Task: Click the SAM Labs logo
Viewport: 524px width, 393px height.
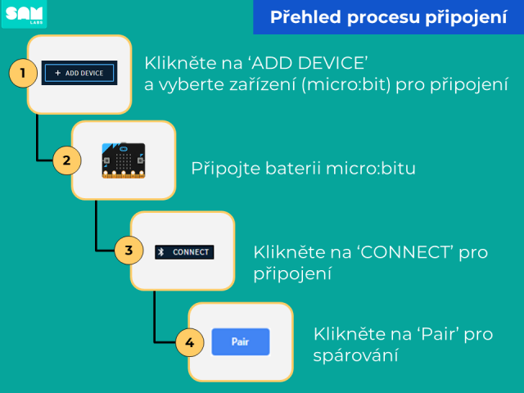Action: pos(24,14)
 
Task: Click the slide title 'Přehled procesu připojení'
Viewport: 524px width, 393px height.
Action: pos(389,17)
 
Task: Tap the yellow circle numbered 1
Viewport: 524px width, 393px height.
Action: pos(23,73)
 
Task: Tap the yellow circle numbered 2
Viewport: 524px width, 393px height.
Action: pos(67,160)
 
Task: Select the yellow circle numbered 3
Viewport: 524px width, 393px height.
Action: pos(129,251)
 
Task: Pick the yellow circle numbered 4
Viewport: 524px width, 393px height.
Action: pos(189,342)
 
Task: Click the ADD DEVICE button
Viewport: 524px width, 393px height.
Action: pos(79,73)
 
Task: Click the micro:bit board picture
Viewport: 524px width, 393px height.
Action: pos(124,160)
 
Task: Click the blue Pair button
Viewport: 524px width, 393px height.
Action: pos(241,341)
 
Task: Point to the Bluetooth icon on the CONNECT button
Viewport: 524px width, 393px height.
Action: pos(161,252)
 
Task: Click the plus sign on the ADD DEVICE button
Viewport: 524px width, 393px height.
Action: pos(58,73)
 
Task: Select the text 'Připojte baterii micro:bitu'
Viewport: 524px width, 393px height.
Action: pos(303,168)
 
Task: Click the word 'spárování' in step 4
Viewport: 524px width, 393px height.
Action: pos(355,355)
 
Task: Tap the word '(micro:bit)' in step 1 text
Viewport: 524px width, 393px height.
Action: pos(346,84)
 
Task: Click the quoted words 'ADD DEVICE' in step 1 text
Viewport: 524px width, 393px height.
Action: pos(309,63)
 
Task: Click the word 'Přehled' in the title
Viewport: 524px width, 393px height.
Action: pos(305,17)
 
